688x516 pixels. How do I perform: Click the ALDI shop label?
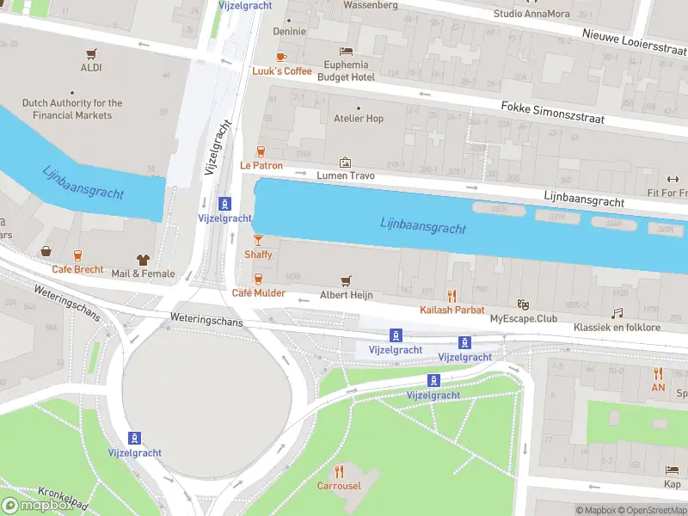91,67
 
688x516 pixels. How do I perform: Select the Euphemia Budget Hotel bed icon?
346,51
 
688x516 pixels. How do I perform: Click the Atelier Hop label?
358,119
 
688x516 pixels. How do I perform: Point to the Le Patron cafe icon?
261,151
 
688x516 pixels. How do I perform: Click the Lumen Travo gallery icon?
345,162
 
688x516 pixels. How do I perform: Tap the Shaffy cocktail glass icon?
258,240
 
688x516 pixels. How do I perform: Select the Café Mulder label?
258,293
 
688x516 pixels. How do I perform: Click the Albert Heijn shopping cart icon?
346,280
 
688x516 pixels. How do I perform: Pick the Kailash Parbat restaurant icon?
451,296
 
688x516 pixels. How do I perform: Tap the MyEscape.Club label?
523,319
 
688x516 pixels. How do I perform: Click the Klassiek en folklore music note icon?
617,314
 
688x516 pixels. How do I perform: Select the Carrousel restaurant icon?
339,471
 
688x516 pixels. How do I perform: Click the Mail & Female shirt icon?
143,260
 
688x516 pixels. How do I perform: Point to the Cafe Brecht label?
77,269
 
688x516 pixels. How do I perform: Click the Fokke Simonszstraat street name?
552,112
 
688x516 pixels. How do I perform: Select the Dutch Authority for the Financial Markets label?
72,109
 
